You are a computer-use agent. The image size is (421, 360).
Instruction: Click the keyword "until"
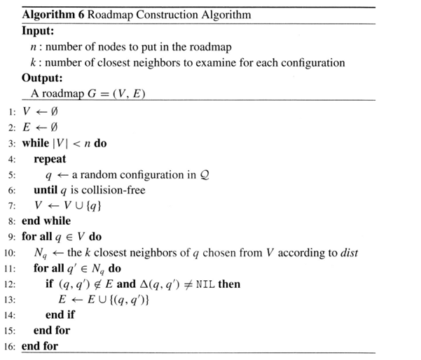click(46, 190)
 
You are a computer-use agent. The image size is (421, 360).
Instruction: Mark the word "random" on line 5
click(96, 174)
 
